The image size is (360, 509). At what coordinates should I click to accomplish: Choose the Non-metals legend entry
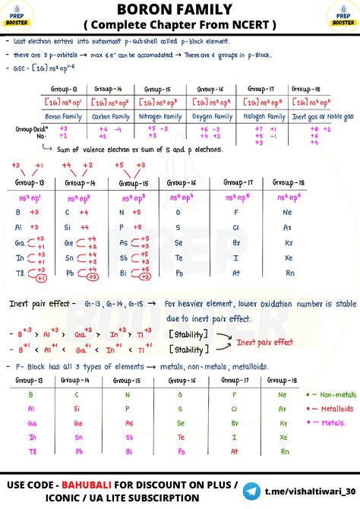[x=331, y=394]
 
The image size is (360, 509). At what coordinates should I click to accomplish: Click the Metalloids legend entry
[x=333, y=409]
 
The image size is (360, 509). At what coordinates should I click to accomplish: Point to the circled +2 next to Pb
[x=93, y=278]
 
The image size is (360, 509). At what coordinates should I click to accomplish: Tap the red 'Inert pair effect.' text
[x=265, y=343]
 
